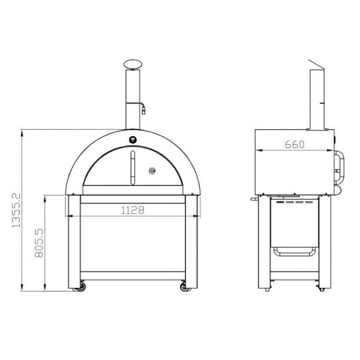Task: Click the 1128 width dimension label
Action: coord(133,210)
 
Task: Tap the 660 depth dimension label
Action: coord(294,145)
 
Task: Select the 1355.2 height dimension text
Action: coord(16,210)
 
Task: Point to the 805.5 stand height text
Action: coord(40,243)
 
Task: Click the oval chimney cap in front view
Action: coord(133,64)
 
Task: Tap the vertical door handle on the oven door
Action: coord(133,167)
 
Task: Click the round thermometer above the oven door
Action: coord(133,140)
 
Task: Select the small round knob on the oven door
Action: coord(152,171)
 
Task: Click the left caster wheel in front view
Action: coord(81,287)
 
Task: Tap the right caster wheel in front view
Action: coord(184,287)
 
